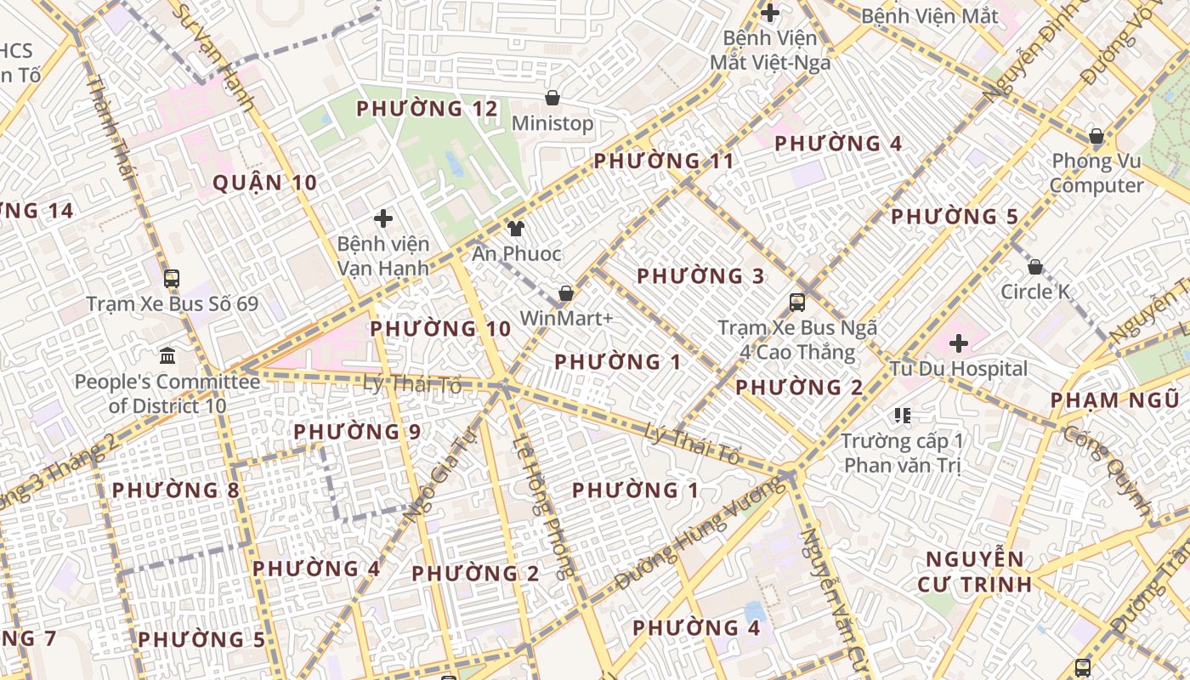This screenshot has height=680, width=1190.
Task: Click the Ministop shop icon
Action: [x=552, y=98]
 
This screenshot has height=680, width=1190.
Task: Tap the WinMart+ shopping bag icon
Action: [x=565, y=293]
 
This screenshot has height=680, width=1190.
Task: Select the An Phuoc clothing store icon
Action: [x=516, y=228]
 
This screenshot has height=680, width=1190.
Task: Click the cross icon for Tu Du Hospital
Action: [x=959, y=343]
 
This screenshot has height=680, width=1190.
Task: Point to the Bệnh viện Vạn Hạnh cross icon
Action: [x=383, y=218]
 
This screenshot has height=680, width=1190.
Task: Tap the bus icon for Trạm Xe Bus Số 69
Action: [x=172, y=278]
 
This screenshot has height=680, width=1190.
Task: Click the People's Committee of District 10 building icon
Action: [x=167, y=355]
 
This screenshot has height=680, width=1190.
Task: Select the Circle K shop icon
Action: [x=1035, y=267]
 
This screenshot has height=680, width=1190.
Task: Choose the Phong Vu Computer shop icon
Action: [x=1096, y=136]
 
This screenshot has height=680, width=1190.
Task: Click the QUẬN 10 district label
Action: [x=264, y=183]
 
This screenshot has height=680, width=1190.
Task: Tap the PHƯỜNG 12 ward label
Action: [x=427, y=109]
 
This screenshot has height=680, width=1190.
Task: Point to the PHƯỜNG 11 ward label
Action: [x=663, y=161]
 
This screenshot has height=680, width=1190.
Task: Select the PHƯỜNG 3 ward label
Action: [x=700, y=276]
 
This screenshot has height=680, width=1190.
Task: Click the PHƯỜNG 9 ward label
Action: [x=357, y=432]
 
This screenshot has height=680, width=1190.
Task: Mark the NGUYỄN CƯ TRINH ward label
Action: [x=975, y=571]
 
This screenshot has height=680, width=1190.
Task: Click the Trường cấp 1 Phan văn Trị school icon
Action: [x=903, y=416]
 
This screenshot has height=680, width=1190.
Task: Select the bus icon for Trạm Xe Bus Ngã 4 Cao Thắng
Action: [x=797, y=302]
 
